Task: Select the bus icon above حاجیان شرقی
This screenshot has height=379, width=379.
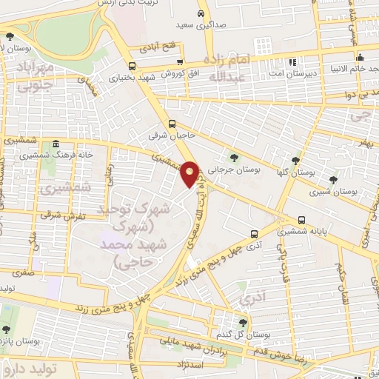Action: (x=172, y=124)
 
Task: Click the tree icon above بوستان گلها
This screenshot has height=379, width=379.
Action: (x=295, y=160)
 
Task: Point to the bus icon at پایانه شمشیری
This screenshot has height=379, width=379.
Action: (x=301, y=220)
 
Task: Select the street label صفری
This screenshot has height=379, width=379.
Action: (x=25, y=272)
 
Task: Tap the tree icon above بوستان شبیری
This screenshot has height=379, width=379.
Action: (x=332, y=179)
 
